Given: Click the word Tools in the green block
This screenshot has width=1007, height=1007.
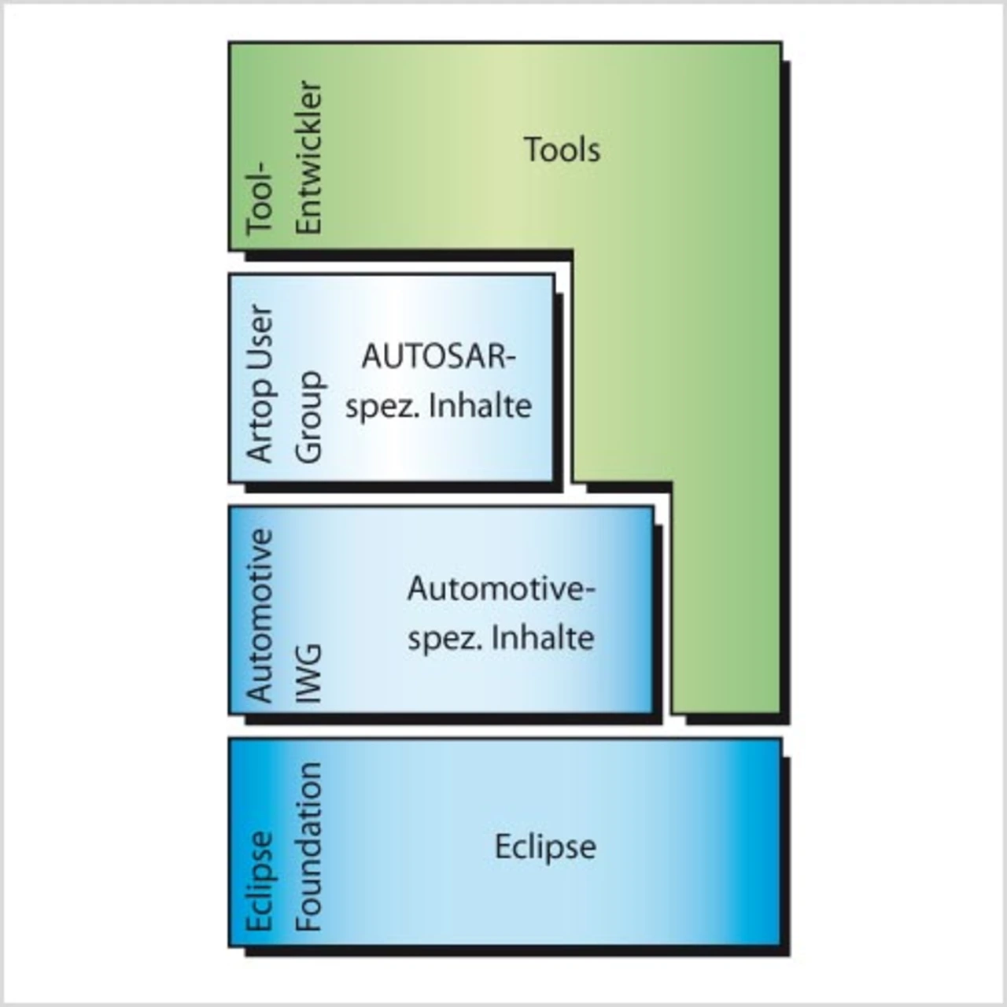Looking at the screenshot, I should point(562,149).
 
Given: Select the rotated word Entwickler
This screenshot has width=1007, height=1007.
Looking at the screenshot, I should point(308,157).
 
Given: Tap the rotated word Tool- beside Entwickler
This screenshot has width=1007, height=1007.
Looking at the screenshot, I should point(260,201).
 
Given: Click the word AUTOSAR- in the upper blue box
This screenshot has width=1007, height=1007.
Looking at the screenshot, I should point(438,357).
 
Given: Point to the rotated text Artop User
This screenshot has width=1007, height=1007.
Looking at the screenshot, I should point(260,383).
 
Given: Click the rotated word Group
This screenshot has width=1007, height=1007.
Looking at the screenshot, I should point(308,417).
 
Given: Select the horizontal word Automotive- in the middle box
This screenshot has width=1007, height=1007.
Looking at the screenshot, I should point(500,589).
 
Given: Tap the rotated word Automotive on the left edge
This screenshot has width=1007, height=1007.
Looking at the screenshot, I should point(260,615).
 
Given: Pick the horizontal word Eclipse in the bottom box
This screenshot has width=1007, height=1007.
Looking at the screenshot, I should point(545,847).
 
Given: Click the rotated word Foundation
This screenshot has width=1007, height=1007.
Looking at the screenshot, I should point(308,847).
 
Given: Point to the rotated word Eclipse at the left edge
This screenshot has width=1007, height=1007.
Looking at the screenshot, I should point(260,882).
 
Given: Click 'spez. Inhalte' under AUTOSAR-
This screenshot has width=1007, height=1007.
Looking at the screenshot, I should point(438,407).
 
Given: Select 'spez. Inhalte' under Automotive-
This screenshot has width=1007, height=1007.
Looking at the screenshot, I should point(500,638).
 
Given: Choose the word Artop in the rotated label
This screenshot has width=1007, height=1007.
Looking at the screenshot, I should point(260,426).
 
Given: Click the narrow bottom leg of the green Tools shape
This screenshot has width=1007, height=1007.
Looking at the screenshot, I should point(725,598).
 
